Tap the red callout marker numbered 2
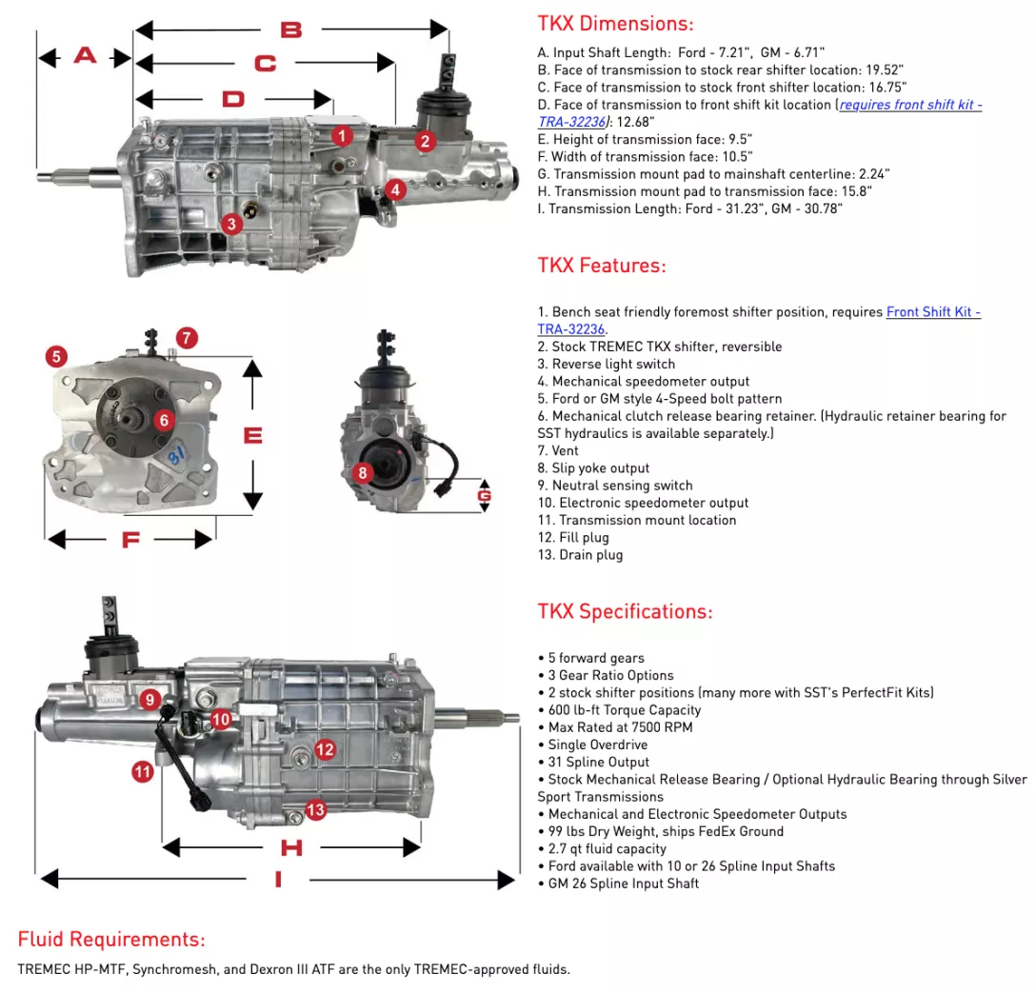(x=425, y=141)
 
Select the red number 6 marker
(x=164, y=419)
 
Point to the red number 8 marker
(x=362, y=471)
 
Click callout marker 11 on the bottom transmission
(x=143, y=772)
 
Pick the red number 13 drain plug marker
(x=315, y=810)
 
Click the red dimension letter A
(x=85, y=56)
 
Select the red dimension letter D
(x=233, y=99)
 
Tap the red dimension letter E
(x=252, y=435)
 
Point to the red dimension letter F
(x=130, y=540)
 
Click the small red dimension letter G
(x=485, y=495)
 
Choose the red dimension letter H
(x=290, y=847)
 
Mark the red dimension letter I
(x=278, y=880)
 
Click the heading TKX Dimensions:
(x=615, y=24)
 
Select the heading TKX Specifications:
(x=625, y=611)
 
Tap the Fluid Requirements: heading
(x=111, y=940)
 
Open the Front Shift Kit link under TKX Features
(x=933, y=312)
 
